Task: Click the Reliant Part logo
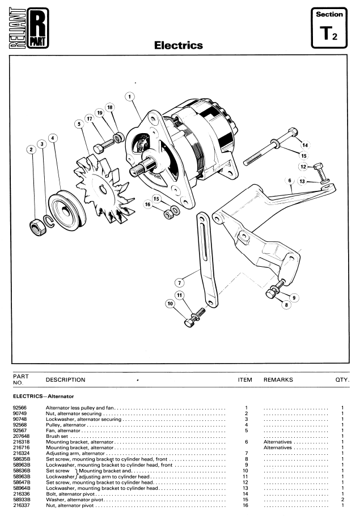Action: coord(28,28)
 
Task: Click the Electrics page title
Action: coord(179,45)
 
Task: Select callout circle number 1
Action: coord(130,97)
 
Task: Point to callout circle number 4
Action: coord(53,138)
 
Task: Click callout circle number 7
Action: coord(179,282)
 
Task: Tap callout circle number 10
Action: coord(170,304)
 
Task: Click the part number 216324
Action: coord(21,454)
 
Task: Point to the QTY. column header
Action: coord(342,380)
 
